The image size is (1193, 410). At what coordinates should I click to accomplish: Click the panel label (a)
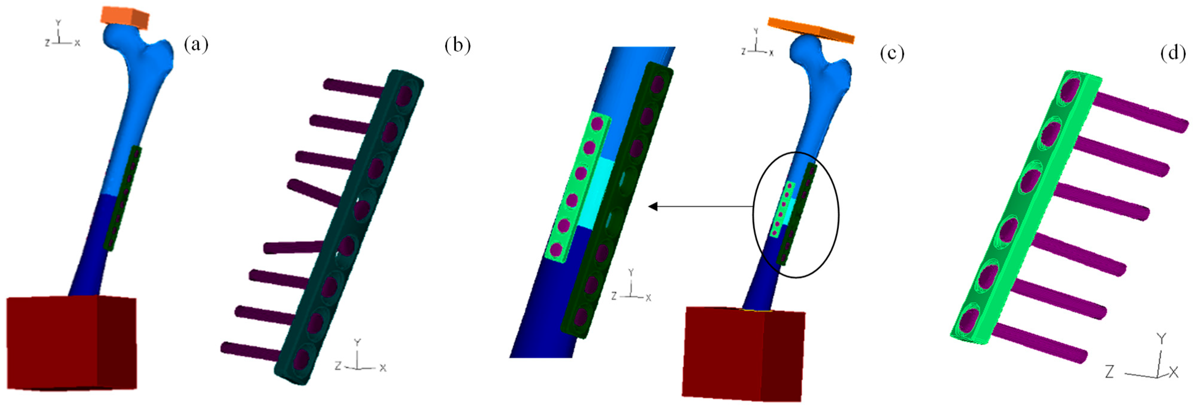[196, 45]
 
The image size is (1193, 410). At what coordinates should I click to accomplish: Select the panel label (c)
[891, 53]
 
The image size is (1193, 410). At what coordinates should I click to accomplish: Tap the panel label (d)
[1173, 53]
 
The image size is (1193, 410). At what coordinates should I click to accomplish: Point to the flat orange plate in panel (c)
[811, 30]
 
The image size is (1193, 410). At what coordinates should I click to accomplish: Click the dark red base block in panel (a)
[69, 342]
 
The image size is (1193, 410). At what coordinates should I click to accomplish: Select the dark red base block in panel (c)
[741, 354]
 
